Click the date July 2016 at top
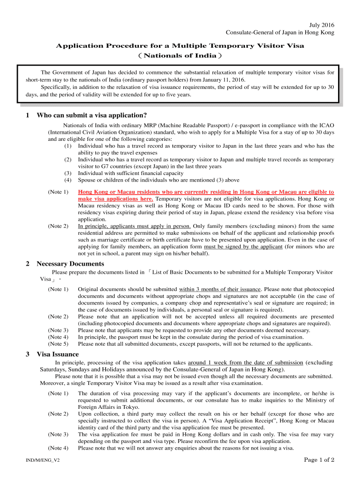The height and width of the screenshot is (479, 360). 322,25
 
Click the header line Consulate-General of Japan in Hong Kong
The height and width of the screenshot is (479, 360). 280,32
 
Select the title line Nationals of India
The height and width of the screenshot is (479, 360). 180,56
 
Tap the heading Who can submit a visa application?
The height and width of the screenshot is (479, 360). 92,115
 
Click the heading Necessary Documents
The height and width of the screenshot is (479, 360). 70,264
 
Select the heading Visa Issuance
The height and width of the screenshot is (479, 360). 58,354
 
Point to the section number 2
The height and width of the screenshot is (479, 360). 28,264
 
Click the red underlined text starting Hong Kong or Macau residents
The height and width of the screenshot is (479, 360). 206,192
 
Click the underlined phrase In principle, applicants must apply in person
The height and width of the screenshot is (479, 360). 134,226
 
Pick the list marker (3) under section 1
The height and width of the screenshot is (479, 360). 68,173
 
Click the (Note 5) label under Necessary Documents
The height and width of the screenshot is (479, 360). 58,344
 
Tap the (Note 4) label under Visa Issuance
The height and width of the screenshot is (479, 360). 58,448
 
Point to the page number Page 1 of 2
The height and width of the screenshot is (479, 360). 319,460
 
